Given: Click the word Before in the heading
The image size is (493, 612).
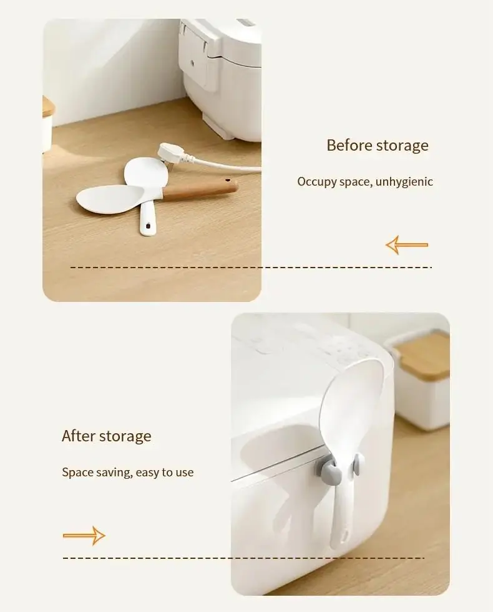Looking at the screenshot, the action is point(349,145).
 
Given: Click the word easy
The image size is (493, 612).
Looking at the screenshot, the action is point(146,473).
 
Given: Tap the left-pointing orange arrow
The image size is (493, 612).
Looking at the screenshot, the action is point(406,244).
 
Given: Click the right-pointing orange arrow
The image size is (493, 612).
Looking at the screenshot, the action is point(84,536).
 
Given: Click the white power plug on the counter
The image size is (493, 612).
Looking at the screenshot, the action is point(171,154).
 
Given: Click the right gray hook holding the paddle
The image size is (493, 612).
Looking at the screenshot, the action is point(356,467).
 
